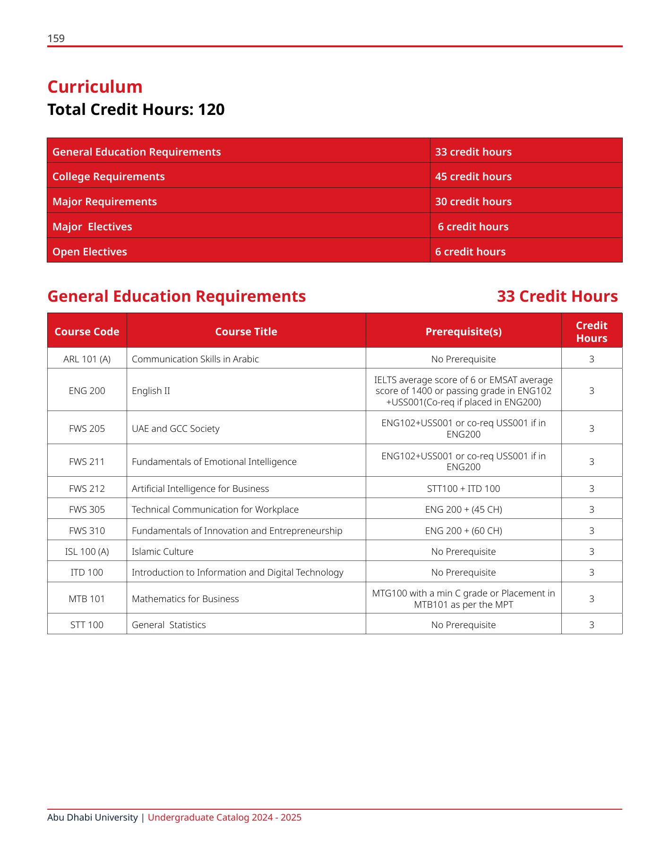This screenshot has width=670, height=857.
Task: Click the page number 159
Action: tap(56, 39)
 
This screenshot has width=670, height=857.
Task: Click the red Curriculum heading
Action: tap(95, 87)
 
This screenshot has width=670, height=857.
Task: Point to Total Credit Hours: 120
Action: tap(136, 110)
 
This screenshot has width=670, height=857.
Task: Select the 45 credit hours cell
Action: tap(473, 176)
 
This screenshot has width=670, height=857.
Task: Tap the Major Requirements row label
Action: tap(104, 201)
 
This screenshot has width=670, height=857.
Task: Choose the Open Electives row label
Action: tap(90, 252)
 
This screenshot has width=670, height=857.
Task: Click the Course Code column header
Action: tap(87, 332)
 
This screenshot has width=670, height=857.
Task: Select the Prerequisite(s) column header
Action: tap(464, 332)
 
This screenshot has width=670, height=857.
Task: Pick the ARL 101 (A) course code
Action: tap(87, 359)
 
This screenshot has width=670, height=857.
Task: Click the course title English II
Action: tap(151, 391)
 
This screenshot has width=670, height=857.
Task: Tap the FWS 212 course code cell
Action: tap(87, 489)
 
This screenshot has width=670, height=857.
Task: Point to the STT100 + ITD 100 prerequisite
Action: tap(464, 489)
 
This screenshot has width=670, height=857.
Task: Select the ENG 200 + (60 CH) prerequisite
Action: tap(464, 531)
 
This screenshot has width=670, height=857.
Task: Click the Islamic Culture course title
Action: tap(163, 551)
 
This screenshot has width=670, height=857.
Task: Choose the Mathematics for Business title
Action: tap(185, 599)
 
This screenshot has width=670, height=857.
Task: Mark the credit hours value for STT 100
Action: tap(592, 625)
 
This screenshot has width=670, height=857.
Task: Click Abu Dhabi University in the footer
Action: tap(92, 817)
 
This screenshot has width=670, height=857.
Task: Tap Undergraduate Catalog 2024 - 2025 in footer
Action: tap(224, 817)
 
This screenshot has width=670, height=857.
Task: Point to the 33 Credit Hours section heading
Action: tap(557, 297)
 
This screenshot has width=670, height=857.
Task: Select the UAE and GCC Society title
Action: tap(176, 428)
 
